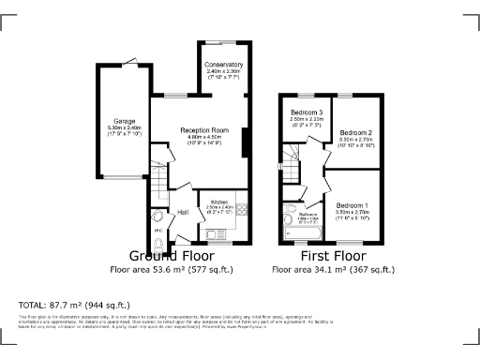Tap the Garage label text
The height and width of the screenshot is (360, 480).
coord(125,121)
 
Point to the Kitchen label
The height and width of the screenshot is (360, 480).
coord(219,202)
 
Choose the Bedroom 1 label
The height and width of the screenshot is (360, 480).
coord(352,205)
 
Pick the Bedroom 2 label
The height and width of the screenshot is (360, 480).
coord(356,133)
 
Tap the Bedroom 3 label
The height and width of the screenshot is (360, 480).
coord(306,112)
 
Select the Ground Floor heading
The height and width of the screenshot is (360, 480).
coord(171,255)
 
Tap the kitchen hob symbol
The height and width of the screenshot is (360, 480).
coord(240,209)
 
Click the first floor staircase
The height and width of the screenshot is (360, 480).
coord(294,169)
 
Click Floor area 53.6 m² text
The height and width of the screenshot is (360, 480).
coord(171,269)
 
